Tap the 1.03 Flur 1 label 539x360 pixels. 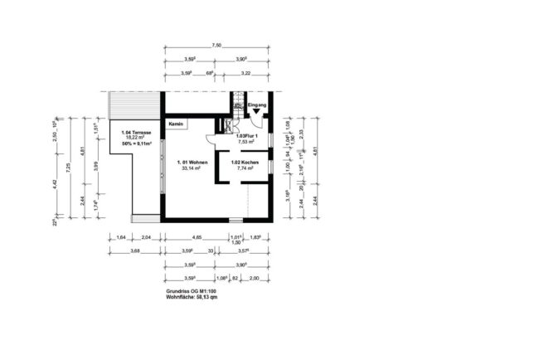248,135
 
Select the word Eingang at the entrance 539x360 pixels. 257,105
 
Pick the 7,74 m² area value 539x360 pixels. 245,168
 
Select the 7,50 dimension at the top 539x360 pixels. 216,46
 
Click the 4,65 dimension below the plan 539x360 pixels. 197,237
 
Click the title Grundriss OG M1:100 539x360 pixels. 190,292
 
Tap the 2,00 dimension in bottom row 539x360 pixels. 254,278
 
